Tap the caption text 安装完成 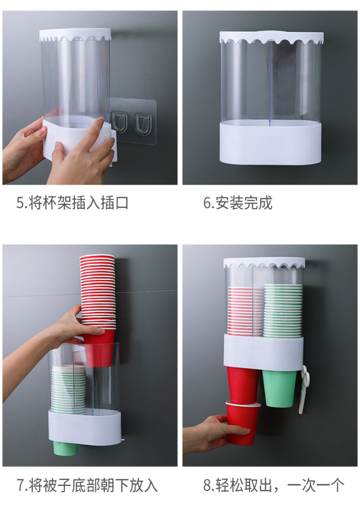[x=244, y=203]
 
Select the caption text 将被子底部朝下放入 [x=93, y=486]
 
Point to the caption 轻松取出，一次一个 [x=280, y=485]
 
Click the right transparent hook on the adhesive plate [x=143, y=124]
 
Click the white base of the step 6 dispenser [x=270, y=143]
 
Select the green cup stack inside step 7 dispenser [x=68, y=389]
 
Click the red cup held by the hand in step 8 [x=243, y=422]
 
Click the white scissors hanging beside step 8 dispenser [x=304, y=389]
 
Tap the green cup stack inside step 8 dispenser [x=283, y=310]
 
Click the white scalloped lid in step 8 [x=264, y=263]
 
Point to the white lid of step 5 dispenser [x=75, y=35]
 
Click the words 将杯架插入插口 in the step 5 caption [x=78, y=203]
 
